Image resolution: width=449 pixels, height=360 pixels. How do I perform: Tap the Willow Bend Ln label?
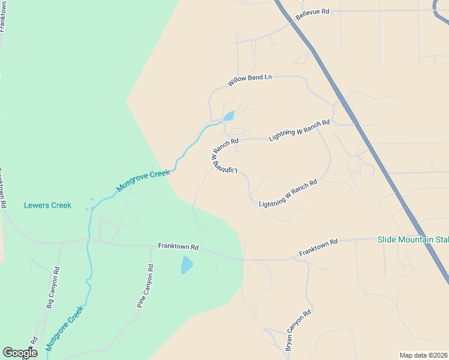point(250,80)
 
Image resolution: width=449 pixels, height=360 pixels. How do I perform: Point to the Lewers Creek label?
point(47,205)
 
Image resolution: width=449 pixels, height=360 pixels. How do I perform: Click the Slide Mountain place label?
point(413,240)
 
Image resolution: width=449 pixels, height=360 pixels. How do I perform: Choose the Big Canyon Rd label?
point(53,288)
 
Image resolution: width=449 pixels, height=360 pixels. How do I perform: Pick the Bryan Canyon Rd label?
point(298,331)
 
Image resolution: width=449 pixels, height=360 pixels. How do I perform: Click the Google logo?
point(20,353)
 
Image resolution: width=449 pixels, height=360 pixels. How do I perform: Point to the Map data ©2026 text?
point(423,355)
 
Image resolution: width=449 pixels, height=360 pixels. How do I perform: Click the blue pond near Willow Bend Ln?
point(228,116)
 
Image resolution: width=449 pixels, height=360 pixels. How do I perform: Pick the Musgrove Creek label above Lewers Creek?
point(143,180)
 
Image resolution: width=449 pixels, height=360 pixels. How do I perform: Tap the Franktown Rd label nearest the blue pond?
point(178,246)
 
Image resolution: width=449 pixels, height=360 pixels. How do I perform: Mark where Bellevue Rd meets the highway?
point(292,22)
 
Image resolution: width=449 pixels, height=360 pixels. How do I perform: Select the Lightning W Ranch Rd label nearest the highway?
point(300,130)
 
